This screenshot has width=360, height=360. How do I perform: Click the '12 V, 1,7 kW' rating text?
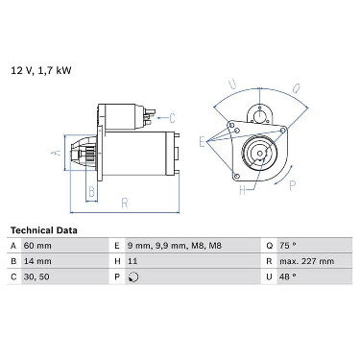point(41,70)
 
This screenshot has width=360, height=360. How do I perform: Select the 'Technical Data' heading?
point(44,230)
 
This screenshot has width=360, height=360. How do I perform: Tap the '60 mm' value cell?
point(37,246)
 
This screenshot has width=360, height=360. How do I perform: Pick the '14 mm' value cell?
point(37,261)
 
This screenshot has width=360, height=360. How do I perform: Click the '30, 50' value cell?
point(36,276)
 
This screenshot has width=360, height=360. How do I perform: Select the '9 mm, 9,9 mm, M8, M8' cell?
point(174,246)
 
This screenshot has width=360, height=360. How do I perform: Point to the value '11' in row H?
point(132,261)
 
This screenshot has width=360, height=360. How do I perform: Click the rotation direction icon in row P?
point(133,276)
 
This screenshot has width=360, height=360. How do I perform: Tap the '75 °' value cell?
point(288,246)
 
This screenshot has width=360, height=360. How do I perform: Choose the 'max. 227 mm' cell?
point(306,261)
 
